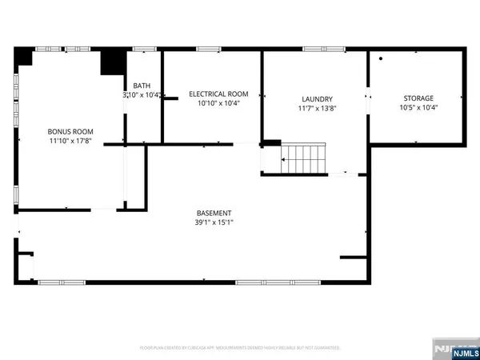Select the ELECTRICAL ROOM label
(x=213, y=94)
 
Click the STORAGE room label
(x=416, y=98)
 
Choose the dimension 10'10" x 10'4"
(x=213, y=103)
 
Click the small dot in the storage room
(x=382, y=59)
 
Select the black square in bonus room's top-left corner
(x=23, y=57)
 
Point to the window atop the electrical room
(x=210, y=50)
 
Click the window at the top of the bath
(x=144, y=50)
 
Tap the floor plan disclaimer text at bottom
(x=240, y=348)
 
